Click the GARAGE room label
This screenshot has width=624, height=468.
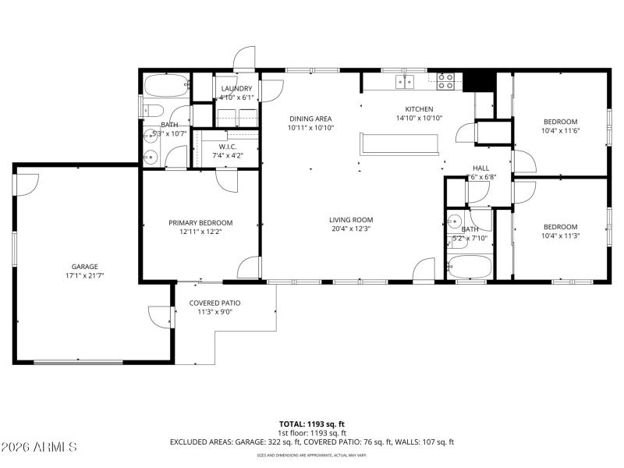click(85, 266)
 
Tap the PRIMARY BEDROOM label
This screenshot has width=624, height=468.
click(200, 222)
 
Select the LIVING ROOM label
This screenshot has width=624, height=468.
click(350, 220)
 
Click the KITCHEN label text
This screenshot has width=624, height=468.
click(419, 109)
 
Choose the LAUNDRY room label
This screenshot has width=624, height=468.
click(236, 89)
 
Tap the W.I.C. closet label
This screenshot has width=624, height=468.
click(228, 147)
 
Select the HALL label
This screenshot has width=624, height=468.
click(480, 168)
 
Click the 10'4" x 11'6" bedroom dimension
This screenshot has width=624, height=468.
click(560, 130)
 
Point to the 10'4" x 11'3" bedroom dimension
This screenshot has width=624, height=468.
click(560, 236)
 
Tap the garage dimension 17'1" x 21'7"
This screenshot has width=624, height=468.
click(85, 275)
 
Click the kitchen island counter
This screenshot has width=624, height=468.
click(399, 144)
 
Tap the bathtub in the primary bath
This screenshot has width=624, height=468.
click(166, 84)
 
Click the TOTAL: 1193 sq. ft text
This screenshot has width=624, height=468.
click(311, 424)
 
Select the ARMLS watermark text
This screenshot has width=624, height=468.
click(39, 448)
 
